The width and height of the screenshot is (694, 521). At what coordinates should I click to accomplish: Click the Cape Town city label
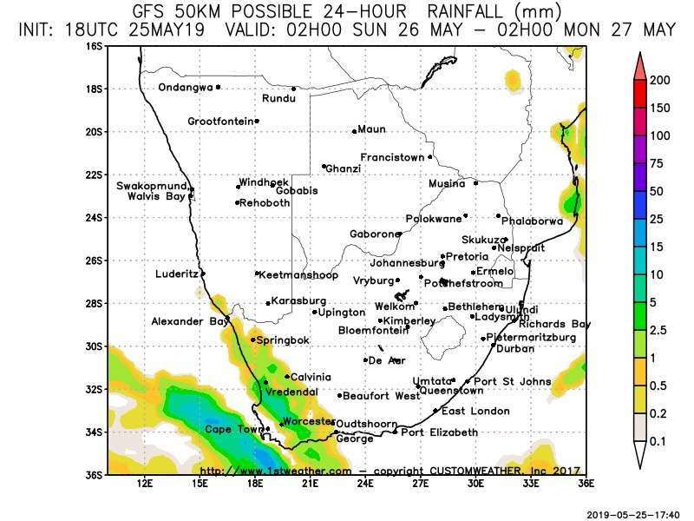coord(232,429)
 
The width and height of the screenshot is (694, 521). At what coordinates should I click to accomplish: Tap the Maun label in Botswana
coord(371,129)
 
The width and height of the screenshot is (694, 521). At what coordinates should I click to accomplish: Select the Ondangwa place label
coord(185,87)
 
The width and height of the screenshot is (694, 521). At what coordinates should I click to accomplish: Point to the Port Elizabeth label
coord(439,432)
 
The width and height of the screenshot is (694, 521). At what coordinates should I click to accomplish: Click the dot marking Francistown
coord(430,157)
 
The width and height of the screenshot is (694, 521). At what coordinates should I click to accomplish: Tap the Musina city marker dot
coord(476,183)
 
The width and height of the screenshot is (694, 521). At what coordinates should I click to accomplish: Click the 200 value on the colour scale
coord(661,80)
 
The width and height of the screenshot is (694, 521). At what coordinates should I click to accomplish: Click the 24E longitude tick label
coord(365,483)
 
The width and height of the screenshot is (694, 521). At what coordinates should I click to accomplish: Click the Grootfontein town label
coord(220,122)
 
